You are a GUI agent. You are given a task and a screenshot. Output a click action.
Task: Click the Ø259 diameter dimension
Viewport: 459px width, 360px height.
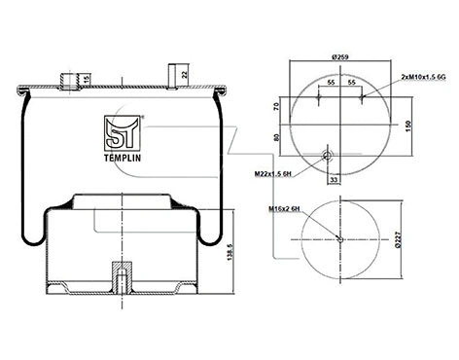coord(339,57)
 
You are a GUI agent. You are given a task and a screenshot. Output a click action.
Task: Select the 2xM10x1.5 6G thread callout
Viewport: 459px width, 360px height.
coord(423,75)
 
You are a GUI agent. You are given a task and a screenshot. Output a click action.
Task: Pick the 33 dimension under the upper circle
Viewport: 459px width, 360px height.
coord(335,179)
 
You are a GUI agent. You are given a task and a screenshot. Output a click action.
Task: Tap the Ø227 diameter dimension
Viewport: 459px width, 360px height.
coord(399,239)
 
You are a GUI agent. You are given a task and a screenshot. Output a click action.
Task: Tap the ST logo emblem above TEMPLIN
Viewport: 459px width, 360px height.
coord(122,129)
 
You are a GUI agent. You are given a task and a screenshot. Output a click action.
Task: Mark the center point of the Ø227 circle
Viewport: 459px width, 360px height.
coord(339,239)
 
